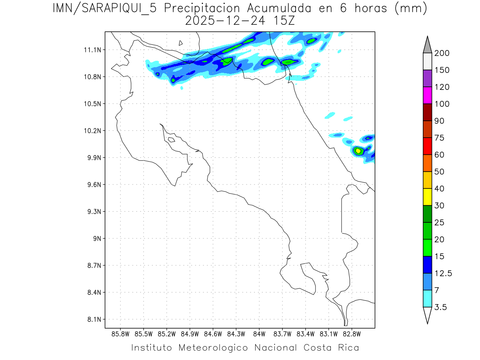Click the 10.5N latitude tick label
click(x=92, y=104)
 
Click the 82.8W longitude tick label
click(x=352, y=334)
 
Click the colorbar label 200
click(x=442, y=53)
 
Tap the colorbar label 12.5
click(x=443, y=273)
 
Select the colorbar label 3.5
click(x=440, y=307)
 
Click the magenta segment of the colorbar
click(x=427, y=95)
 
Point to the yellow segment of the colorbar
click(x=427, y=197)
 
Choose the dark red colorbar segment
click(x=427, y=112)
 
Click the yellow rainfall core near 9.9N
click(x=358, y=150)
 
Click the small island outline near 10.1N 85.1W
click(x=171, y=140)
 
